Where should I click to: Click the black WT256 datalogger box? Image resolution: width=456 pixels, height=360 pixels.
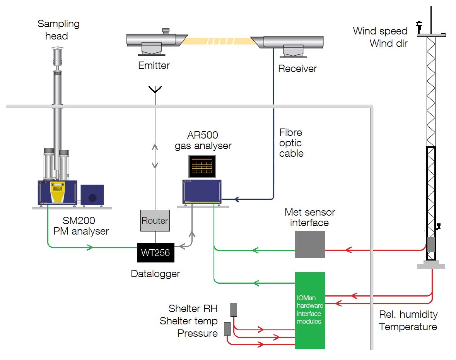point(155,252)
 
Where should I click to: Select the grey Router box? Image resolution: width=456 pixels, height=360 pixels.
point(155,221)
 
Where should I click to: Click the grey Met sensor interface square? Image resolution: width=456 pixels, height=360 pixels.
point(309,244)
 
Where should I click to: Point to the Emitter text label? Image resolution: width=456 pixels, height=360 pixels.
point(154,65)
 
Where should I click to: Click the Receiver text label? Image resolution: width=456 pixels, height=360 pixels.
point(297,69)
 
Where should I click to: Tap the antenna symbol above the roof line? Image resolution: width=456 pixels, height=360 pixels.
point(155,91)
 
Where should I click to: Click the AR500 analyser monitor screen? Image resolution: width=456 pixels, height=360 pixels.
point(202,166)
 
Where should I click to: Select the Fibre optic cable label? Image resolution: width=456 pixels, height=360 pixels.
point(291,143)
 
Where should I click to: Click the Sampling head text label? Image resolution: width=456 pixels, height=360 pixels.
point(58,30)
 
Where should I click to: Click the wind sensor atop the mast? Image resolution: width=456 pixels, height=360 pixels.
point(418,26)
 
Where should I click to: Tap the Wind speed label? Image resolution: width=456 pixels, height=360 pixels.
point(380,31)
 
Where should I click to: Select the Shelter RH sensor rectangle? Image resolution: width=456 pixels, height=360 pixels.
point(234,310)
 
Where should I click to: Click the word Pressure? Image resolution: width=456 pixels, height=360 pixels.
point(198,333)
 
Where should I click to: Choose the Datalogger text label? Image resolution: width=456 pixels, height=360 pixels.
point(155,274)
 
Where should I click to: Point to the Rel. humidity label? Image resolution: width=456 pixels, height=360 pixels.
point(408,314)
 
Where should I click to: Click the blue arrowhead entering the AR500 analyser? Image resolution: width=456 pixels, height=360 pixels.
point(237,199)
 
